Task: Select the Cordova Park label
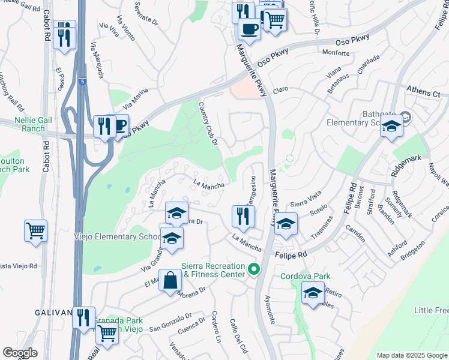coord(306,276)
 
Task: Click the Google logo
coord(20,353)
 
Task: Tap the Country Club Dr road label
coord(208,122)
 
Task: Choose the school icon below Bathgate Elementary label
coord(391,127)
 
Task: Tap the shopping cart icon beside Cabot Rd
coord(35,230)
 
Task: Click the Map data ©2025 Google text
coord(411,355)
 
